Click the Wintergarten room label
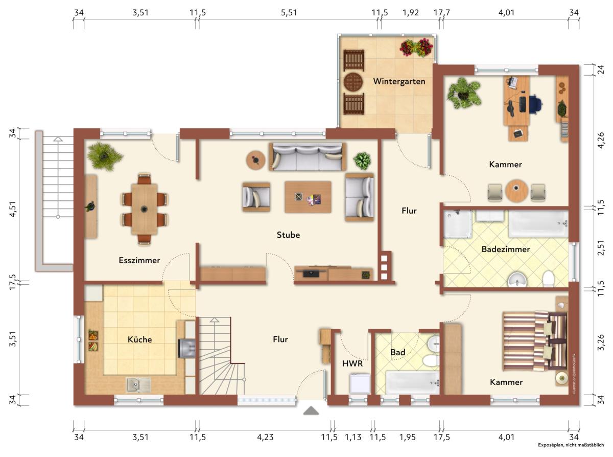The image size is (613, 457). point(399,81)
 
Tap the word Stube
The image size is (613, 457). point(288,235)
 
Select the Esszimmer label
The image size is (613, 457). point(139,260)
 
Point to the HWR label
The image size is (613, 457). point(352,363)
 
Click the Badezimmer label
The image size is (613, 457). point(506,249)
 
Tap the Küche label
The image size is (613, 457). point(139,339)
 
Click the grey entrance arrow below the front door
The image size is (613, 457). point(311,411)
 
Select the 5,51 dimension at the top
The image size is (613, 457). point(289,13)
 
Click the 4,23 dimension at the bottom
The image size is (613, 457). point(265,438)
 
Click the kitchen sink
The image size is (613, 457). point(138,385)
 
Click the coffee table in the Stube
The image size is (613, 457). point(308,197)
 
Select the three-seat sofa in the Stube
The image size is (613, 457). point(308,156)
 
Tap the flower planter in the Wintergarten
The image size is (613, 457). point(416,48)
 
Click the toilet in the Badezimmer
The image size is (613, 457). point(548,279)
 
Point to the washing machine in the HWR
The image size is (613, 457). point(360,383)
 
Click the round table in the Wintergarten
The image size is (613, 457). point(353,82)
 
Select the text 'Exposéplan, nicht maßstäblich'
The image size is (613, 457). point(571,453)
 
